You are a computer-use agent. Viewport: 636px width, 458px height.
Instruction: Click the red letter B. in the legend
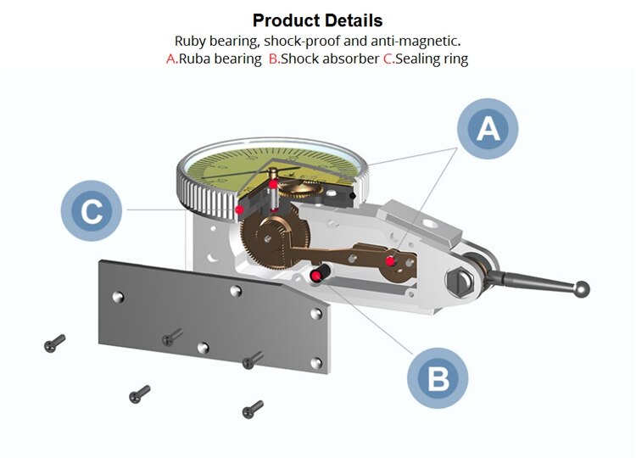click(x=274, y=59)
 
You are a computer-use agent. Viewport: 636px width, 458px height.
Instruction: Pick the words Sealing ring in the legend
click(x=432, y=59)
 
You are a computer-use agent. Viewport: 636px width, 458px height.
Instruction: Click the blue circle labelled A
click(x=488, y=129)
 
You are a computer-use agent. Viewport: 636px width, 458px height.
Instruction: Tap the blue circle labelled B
click(x=438, y=377)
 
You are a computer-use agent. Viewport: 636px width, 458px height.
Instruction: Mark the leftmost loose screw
click(x=54, y=343)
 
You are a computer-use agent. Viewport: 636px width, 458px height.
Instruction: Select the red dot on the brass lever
click(x=390, y=260)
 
